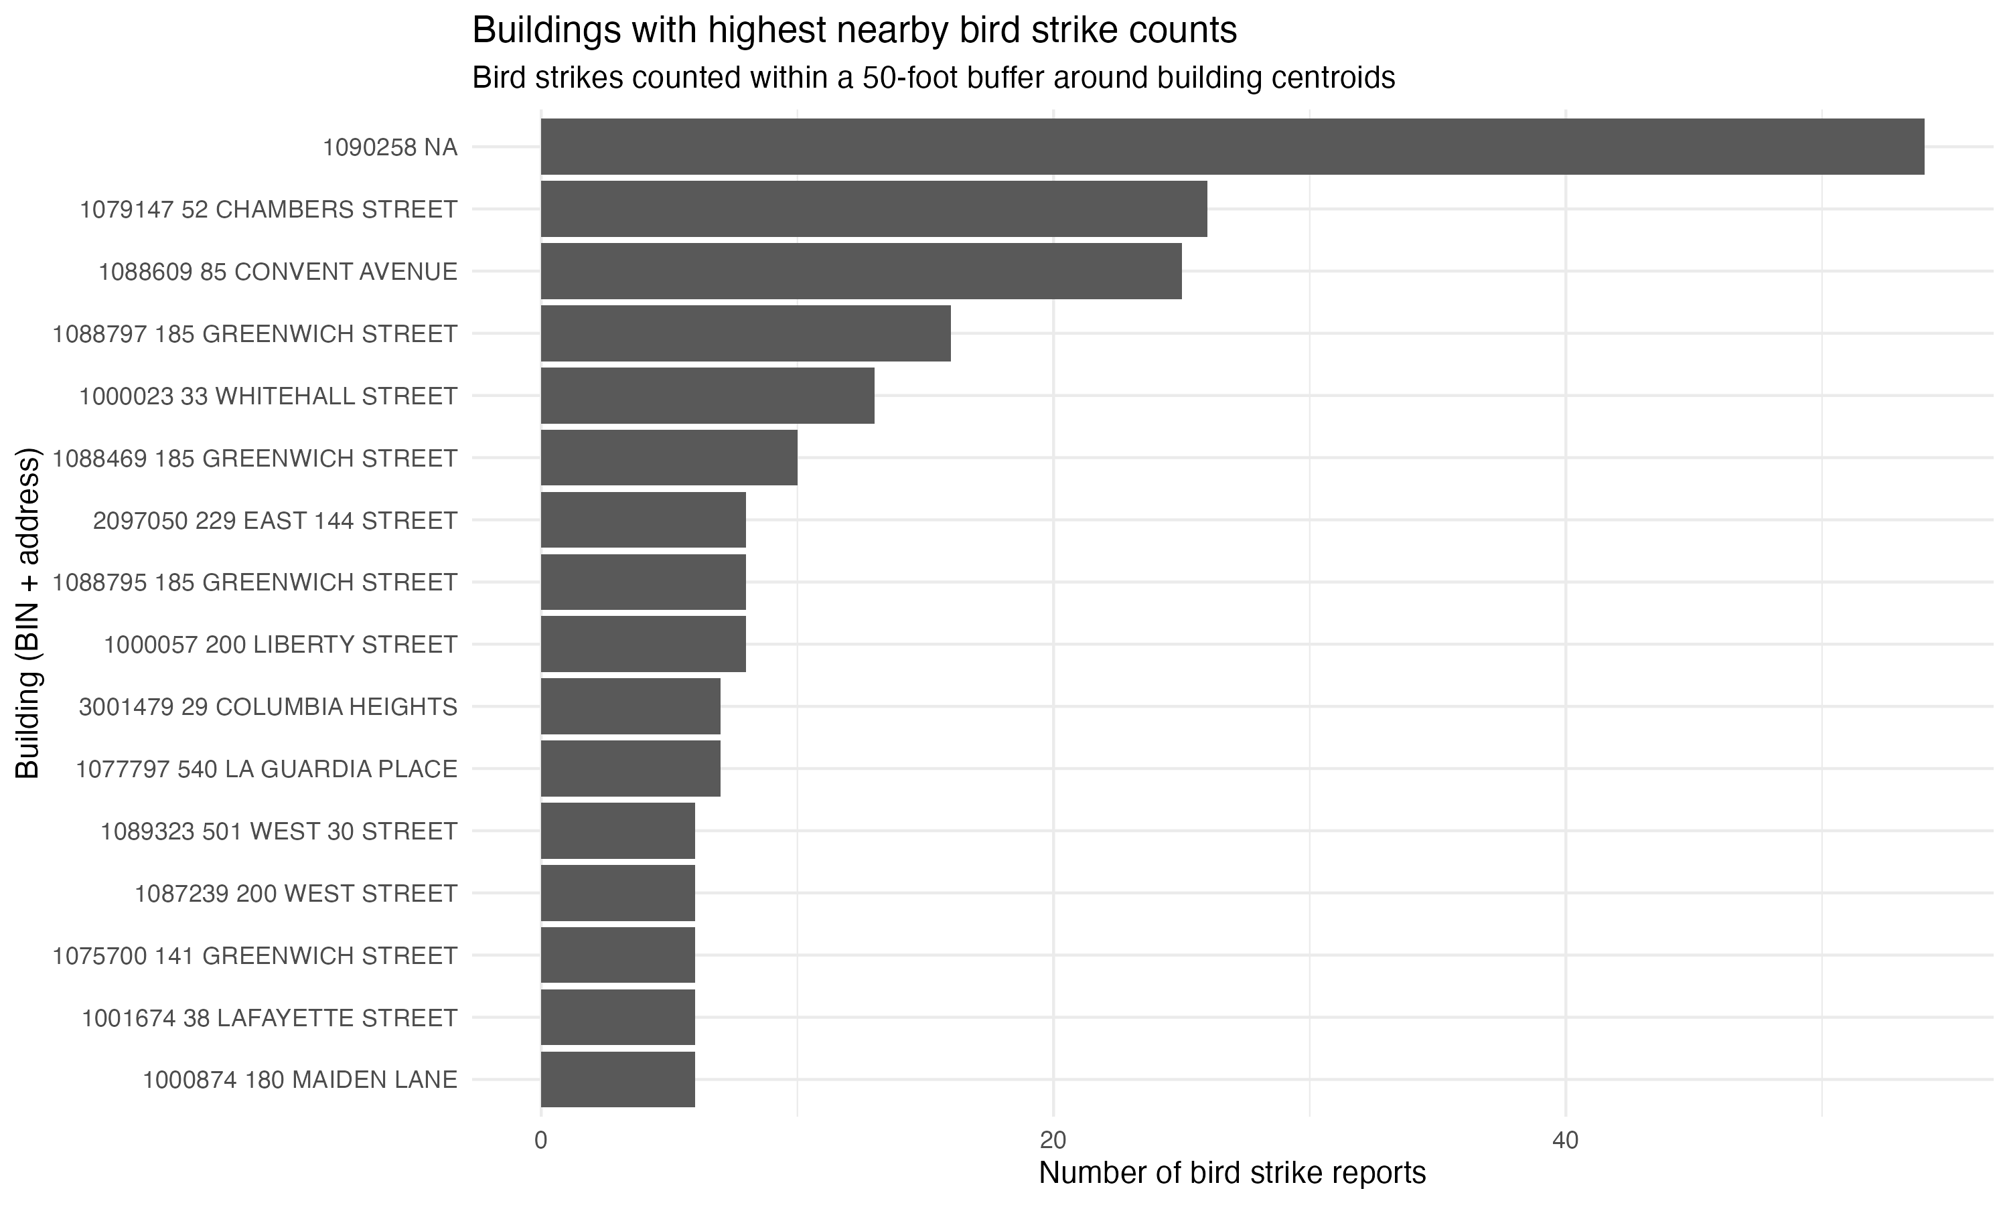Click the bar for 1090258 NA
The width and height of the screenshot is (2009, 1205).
(x=1232, y=147)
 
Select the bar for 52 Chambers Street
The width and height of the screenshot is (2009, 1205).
(x=874, y=210)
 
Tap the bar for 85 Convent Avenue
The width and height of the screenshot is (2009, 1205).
(x=861, y=271)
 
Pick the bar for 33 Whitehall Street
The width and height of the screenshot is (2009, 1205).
(x=707, y=396)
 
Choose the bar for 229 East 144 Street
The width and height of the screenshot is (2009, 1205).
(x=643, y=519)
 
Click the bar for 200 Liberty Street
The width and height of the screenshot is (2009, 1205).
(x=643, y=644)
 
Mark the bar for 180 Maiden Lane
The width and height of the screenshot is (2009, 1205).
(x=618, y=1079)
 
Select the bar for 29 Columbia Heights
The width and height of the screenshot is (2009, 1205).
(x=630, y=706)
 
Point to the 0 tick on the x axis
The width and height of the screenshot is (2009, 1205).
(x=541, y=1140)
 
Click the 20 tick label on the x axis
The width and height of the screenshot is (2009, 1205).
(x=1053, y=1140)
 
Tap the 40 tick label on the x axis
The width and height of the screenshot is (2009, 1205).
(x=1565, y=1140)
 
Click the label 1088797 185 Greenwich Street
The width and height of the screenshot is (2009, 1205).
(x=255, y=334)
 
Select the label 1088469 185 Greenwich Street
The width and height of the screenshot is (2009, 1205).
(x=255, y=458)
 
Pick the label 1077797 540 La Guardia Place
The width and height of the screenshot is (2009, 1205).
(x=267, y=768)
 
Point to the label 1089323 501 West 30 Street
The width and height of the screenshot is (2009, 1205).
(x=279, y=831)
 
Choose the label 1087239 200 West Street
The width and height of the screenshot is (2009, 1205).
(x=295, y=893)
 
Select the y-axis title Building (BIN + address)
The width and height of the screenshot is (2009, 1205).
(x=27, y=613)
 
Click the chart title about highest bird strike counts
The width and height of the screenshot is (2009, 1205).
(x=854, y=31)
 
